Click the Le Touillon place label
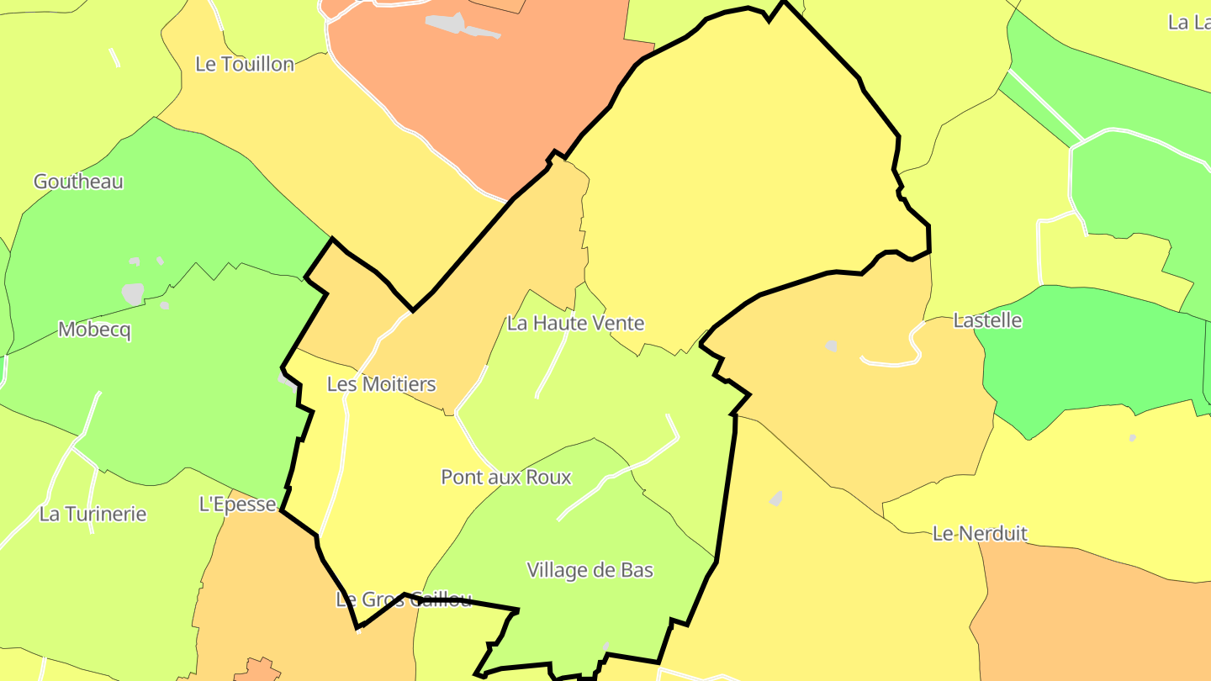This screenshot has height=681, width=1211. click(x=245, y=64)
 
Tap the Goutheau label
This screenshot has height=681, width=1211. click(x=78, y=182)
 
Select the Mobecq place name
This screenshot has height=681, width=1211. click(x=94, y=330)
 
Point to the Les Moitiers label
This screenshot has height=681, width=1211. click(x=381, y=384)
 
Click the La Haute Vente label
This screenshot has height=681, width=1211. click(x=575, y=323)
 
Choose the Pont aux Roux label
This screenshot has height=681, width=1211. click(x=506, y=478)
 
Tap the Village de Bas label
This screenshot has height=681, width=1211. click(x=590, y=570)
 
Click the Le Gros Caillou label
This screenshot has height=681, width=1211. click(x=404, y=599)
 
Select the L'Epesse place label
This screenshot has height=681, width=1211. click(x=237, y=504)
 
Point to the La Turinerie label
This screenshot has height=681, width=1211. click(x=93, y=514)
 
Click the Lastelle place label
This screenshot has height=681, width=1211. click(x=987, y=320)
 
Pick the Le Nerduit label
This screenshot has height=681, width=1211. click(x=980, y=533)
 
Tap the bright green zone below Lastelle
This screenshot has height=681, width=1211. click(x=1093, y=353)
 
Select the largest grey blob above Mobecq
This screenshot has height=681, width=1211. click(x=133, y=293)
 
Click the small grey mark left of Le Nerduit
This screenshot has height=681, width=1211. click(x=775, y=499)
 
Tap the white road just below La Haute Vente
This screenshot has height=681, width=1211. click(x=552, y=367)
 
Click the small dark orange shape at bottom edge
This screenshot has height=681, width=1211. click(x=258, y=670)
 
